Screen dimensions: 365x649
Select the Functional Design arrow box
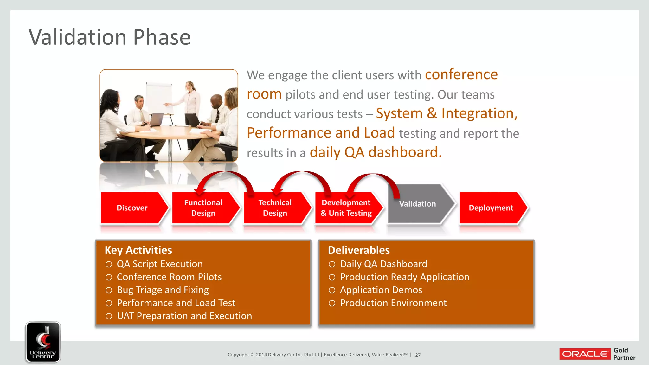pos(203,208)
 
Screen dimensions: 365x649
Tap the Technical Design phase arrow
pos(275,208)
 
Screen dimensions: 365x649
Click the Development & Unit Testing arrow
pos(346,208)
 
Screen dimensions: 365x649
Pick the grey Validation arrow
pos(418,204)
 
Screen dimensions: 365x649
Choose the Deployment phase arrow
pos(491,208)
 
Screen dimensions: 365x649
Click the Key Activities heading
pos(138,250)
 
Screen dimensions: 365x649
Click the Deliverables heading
pos(358,250)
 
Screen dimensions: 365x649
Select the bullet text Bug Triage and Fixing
pos(163,290)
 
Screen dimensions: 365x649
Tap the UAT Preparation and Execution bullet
pos(184,316)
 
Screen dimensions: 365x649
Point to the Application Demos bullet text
pos(381,290)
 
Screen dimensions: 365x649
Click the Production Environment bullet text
pos(393,303)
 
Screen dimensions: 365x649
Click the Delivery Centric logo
pos(43,342)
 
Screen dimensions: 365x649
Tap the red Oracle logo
pos(585,354)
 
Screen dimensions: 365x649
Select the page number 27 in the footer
pos(418,355)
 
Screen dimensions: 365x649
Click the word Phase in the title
pos(162,37)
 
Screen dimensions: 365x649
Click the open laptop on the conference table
pos(156,120)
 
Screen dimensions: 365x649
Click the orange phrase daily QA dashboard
pos(375,152)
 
